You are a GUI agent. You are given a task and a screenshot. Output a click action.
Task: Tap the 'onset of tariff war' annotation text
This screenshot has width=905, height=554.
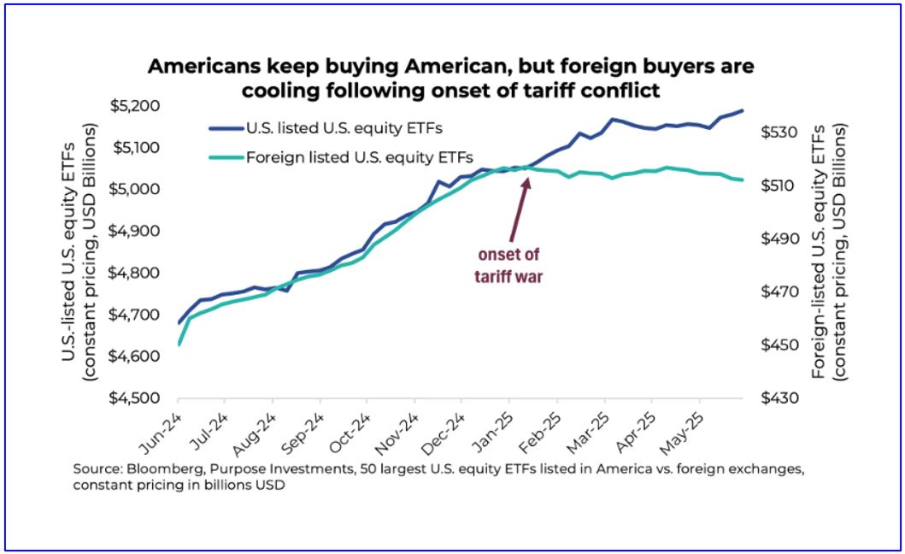(508, 265)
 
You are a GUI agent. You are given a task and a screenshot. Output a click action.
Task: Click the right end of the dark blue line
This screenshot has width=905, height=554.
(743, 110)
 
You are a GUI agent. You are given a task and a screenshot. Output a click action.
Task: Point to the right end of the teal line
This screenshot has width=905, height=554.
(743, 180)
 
